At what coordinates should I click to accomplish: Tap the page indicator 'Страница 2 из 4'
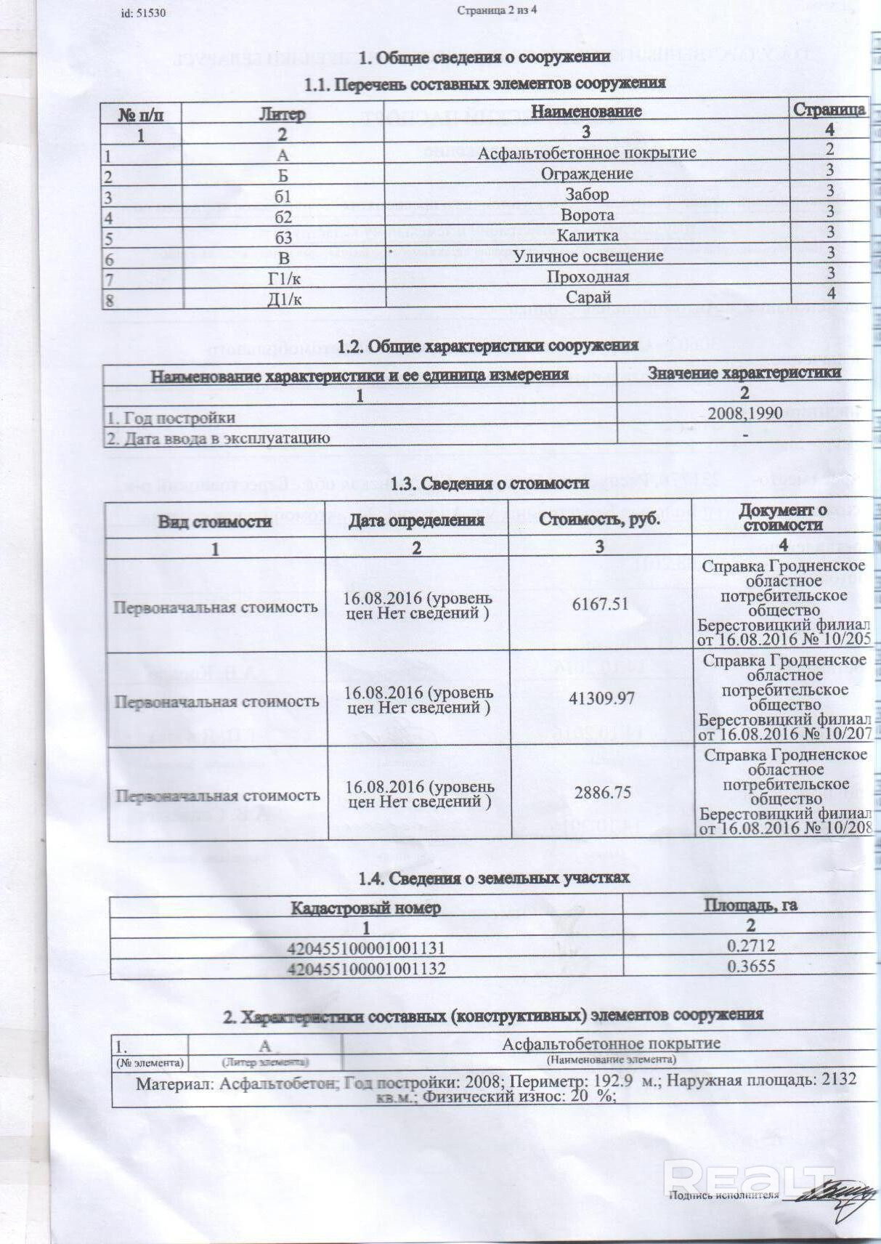(498, 10)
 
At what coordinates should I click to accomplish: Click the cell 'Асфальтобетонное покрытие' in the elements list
(587, 153)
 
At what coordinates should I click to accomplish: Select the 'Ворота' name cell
(587, 216)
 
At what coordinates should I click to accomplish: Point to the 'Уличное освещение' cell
(588, 257)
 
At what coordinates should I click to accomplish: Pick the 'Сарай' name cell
(588, 297)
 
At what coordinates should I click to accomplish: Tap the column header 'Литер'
(283, 115)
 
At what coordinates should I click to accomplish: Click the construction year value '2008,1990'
(745, 414)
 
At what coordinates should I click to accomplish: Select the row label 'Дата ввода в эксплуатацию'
(219, 438)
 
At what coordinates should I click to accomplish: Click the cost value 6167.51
(600, 604)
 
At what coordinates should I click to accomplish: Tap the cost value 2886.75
(602, 793)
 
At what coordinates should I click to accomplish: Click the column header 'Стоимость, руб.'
(599, 520)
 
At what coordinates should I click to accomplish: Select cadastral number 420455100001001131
(366, 948)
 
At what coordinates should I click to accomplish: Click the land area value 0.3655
(751, 966)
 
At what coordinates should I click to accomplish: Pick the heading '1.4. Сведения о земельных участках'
(494, 879)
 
